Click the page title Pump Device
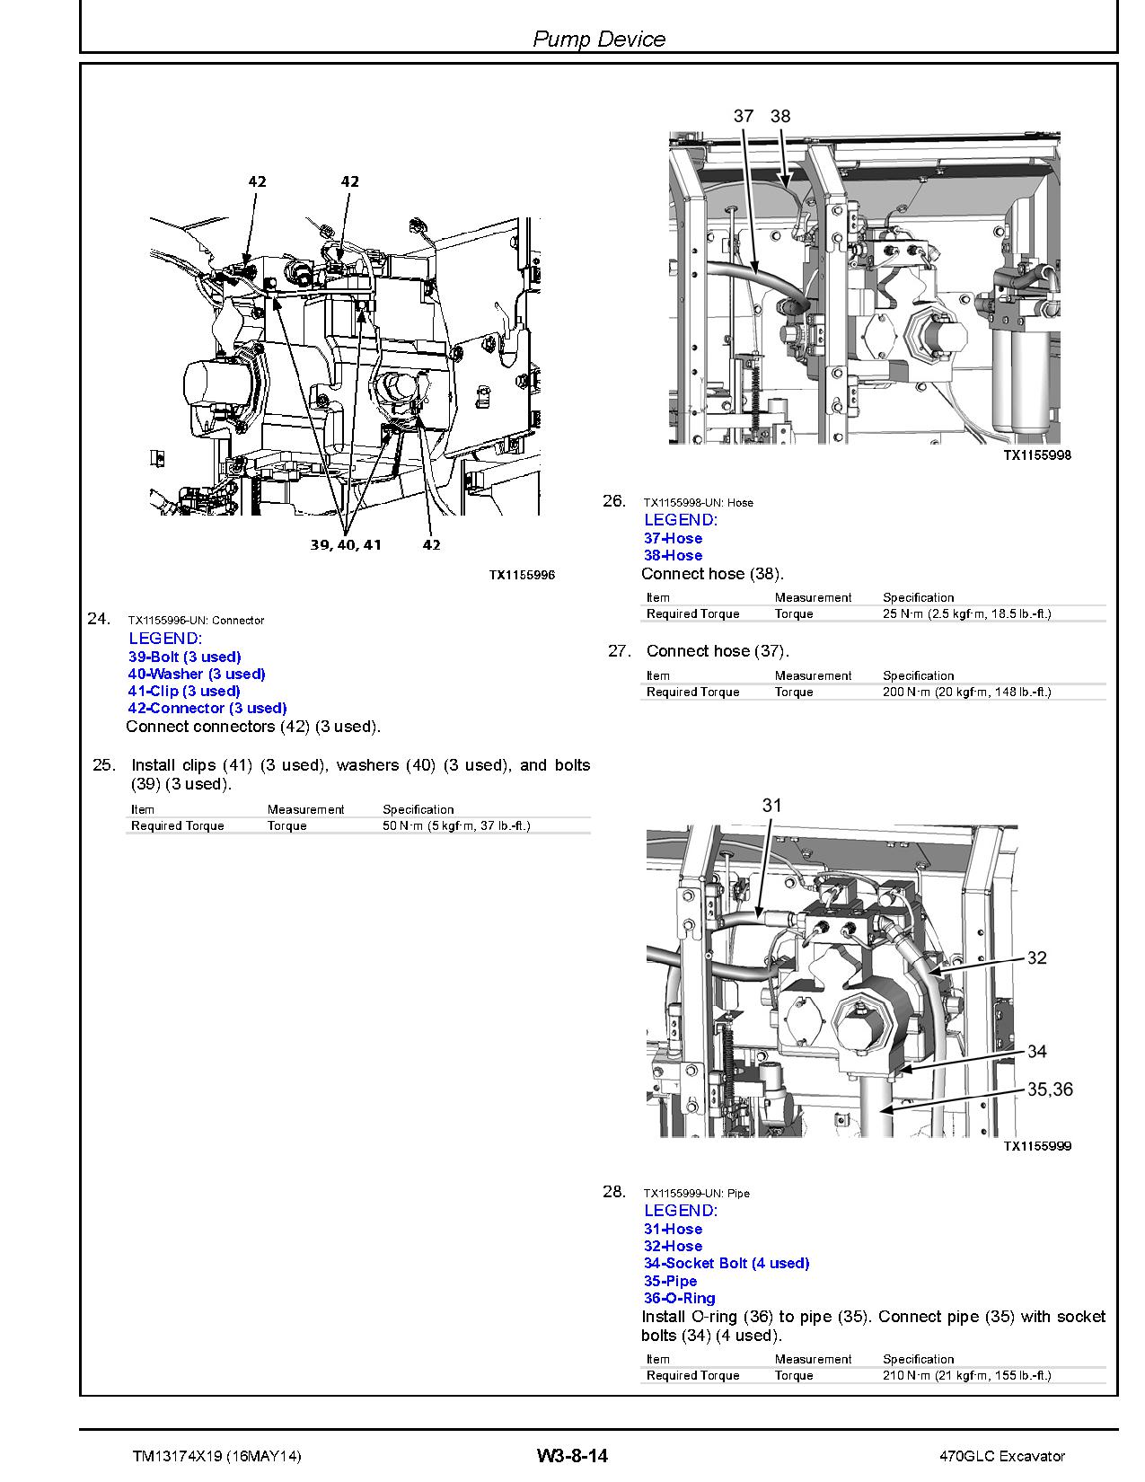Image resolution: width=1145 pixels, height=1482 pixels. [599, 39]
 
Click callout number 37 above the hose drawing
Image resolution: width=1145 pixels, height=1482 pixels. [743, 116]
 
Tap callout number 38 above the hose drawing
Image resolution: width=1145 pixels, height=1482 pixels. [780, 116]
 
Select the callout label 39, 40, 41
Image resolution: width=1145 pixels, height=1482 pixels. [346, 544]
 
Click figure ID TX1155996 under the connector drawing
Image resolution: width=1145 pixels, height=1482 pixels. [522, 575]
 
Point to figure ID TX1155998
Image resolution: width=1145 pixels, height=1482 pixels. [1037, 454]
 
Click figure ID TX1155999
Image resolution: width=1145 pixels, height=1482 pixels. [1037, 1146]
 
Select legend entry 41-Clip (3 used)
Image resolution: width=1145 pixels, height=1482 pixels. [184, 691]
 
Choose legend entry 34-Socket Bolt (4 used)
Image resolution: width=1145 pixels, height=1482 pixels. [727, 1263]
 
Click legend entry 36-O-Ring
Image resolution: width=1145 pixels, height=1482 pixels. [680, 1298]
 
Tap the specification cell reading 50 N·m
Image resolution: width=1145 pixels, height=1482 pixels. [456, 825]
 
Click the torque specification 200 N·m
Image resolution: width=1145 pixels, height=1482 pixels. [966, 692]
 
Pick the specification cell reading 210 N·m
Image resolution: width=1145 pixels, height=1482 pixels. [966, 1375]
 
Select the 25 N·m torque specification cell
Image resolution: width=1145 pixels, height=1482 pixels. [966, 613]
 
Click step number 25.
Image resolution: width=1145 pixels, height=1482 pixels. [104, 765]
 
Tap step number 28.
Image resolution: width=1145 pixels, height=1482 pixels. [613, 1192]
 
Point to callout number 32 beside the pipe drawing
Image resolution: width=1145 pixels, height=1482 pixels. [1036, 958]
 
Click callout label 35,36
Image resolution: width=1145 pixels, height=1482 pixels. [1050, 1089]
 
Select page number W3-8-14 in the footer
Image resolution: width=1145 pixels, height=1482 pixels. [572, 1456]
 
